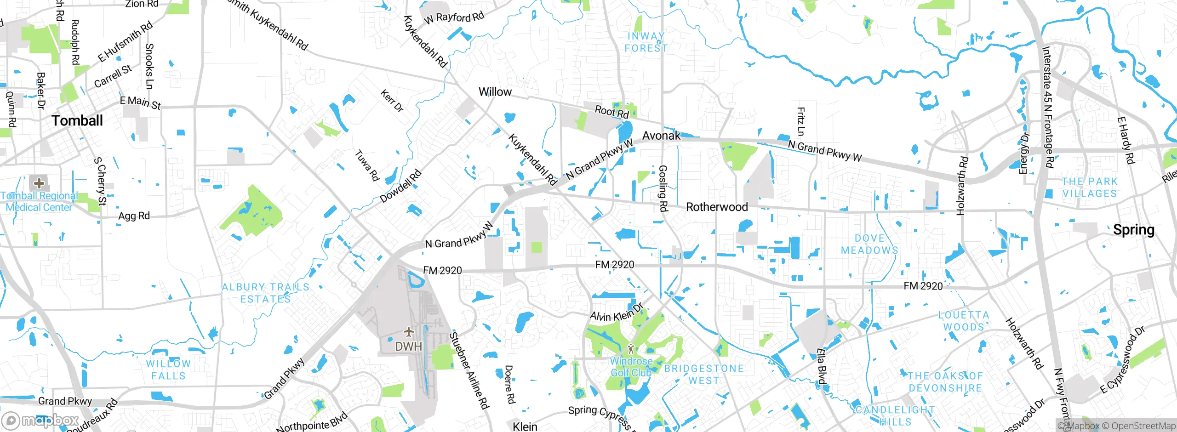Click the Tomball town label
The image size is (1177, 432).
[77, 121]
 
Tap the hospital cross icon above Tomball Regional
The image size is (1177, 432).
[39, 183]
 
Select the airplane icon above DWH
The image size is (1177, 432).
[408, 332]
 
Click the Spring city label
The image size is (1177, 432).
[1133, 230]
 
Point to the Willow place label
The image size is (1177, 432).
[495, 92]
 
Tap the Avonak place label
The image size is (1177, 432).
[661, 136]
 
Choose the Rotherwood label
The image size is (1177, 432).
[716, 207]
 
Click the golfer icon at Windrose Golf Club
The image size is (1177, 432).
[630, 349]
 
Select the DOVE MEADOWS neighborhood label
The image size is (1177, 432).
[869, 244]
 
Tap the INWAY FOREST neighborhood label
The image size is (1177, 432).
[646, 42]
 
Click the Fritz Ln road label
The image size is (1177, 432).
[800, 121]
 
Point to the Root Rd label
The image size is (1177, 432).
[611, 112]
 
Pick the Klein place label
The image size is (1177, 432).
[525, 426]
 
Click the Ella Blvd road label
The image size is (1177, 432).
[821, 366]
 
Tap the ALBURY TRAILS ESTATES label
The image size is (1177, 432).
[265, 293]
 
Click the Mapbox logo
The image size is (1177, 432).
[40, 420]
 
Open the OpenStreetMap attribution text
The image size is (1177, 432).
[1138, 426]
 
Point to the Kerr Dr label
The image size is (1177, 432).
[392, 101]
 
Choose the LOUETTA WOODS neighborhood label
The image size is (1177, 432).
[963, 321]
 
